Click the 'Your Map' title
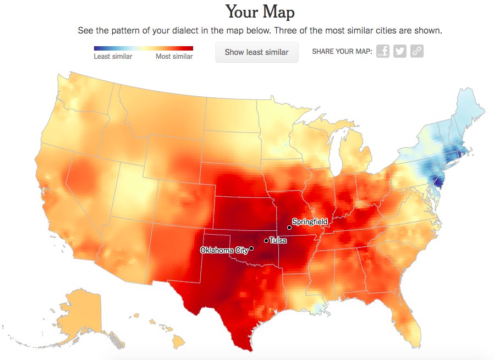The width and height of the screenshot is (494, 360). tap(260, 12)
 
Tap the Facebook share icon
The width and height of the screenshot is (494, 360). tap(383, 52)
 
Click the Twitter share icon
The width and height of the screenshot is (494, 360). tap(400, 52)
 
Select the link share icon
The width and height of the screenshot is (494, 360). tap(417, 52)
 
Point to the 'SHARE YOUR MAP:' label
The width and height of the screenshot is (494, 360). tap(342, 52)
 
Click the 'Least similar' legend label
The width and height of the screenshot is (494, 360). tap(113, 57)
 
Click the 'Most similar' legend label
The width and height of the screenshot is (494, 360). tap(174, 57)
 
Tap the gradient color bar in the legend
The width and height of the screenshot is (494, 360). tap(143, 49)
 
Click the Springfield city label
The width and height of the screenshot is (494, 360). tap(310, 221)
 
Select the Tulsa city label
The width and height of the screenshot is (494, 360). tap(278, 240)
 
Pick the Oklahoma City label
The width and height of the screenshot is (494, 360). tap(224, 250)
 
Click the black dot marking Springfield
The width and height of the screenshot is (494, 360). tap(289, 227)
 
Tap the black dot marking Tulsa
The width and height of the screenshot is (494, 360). tap(266, 240)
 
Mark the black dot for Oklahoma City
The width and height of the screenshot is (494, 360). tap(251, 248)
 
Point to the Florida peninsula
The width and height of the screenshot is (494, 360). tap(410, 316)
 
